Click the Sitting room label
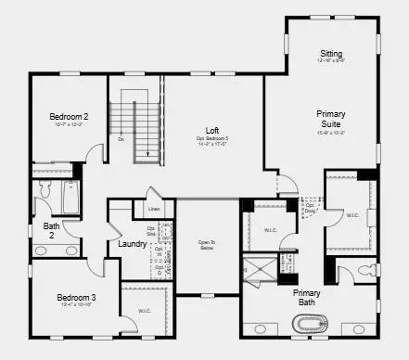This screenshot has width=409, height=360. point(331,53)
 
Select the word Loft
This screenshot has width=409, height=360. point(212,131)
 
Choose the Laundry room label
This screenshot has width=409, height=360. point(132,244)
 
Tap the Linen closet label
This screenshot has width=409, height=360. point(154,210)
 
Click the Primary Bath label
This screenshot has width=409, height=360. point(308,296)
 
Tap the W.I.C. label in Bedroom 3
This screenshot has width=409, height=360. point(145,311)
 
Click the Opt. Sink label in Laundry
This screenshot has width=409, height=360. point(151,231)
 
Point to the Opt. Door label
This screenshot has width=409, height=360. point(310,210)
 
